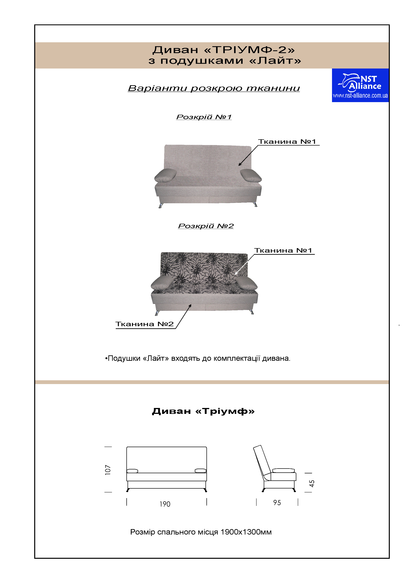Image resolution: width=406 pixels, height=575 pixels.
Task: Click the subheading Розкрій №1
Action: pyautogui.click(x=204, y=117)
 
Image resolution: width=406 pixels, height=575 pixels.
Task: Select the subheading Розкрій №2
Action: pyautogui.click(x=206, y=226)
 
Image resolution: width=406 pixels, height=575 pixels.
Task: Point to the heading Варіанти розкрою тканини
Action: pyautogui.click(x=214, y=88)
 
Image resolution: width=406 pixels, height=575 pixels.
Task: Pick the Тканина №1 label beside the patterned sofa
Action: pyautogui.click(x=283, y=250)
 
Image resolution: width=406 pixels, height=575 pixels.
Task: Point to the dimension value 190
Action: pyautogui.click(x=165, y=504)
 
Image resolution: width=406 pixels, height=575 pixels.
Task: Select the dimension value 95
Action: pyautogui.click(x=277, y=503)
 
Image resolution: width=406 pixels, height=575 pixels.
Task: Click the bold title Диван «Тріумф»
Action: pyautogui.click(x=203, y=411)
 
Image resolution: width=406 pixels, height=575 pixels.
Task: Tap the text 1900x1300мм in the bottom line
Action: pyautogui.click(x=246, y=532)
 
